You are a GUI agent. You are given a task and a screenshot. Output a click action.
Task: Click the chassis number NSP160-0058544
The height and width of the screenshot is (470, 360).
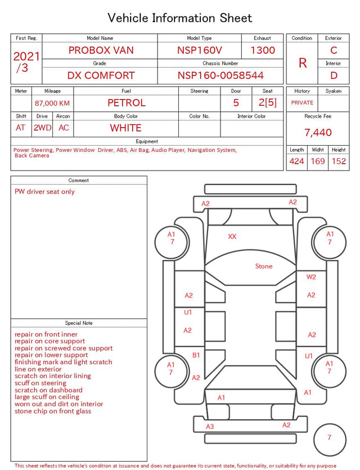click(x=220, y=75)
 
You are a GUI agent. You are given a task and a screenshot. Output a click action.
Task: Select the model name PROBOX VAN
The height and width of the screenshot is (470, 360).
click(x=101, y=50)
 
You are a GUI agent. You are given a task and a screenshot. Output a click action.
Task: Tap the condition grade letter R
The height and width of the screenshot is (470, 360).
click(x=303, y=63)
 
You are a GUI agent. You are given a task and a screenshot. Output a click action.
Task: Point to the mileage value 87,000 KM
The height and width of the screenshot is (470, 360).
click(x=52, y=104)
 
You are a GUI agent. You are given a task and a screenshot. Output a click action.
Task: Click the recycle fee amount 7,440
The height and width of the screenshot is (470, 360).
click(x=318, y=132)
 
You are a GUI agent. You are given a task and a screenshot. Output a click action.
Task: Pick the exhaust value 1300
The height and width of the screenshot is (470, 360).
click(x=263, y=50)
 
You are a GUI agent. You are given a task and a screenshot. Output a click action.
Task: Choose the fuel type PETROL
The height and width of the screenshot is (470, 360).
click(x=127, y=103)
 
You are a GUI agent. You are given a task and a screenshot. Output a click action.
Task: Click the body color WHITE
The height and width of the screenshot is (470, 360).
click(x=125, y=128)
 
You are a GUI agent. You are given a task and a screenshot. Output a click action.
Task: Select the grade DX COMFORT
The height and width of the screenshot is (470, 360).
click(x=101, y=75)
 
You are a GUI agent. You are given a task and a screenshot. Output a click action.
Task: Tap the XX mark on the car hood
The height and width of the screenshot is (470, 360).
click(x=232, y=236)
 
